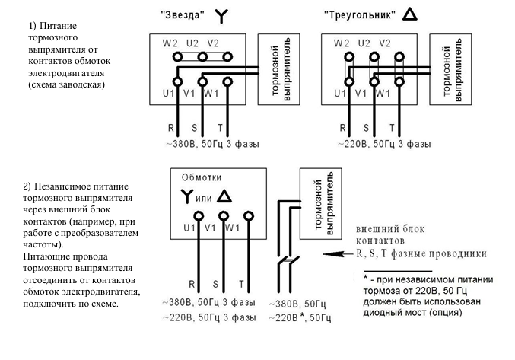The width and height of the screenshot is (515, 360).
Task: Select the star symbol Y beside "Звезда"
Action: click(x=221, y=14)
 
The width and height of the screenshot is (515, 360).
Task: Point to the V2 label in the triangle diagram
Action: click(x=386, y=43)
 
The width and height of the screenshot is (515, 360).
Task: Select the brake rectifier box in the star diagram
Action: click(x=275, y=68)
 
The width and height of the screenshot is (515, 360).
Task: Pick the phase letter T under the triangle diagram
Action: click(x=392, y=128)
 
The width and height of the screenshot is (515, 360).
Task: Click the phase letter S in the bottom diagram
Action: click(x=215, y=283)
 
